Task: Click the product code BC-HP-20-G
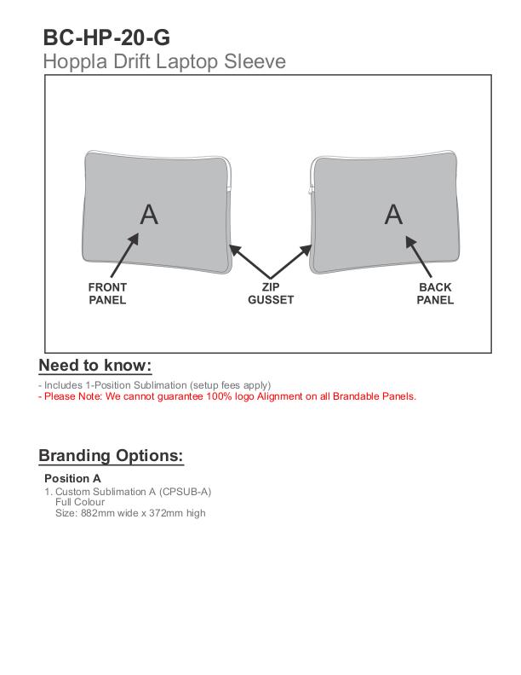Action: (106, 37)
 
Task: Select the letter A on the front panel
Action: (149, 214)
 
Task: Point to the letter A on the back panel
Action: (392, 214)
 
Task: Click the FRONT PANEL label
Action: (107, 294)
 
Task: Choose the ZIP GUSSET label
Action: (271, 294)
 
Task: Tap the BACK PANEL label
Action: (435, 294)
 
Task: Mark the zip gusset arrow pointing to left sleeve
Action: (250, 262)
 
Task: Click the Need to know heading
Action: (95, 366)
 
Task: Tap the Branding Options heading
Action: (111, 455)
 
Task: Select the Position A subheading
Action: (72, 478)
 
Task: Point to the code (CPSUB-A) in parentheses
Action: (185, 492)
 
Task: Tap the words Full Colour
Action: (79, 502)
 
